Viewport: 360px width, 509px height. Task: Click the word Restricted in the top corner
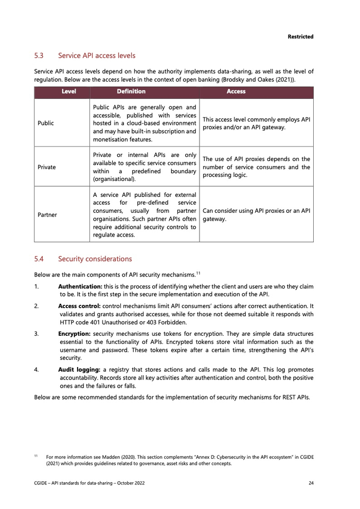[x=300, y=37]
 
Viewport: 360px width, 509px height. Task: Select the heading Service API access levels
[x=97, y=55]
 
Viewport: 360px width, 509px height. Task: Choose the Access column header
[x=236, y=92]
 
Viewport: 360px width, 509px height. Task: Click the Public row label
[x=46, y=123]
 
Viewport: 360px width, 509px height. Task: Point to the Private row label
[x=47, y=167]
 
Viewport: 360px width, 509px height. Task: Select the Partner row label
[x=47, y=214]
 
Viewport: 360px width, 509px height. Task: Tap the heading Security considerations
[x=95, y=259]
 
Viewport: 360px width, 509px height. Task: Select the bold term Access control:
[x=79, y=306]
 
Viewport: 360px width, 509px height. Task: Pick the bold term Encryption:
[x=75, y=334]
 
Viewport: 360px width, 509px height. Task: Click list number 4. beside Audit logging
[x=37, y=370]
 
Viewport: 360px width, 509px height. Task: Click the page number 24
[x=311, y=483]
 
